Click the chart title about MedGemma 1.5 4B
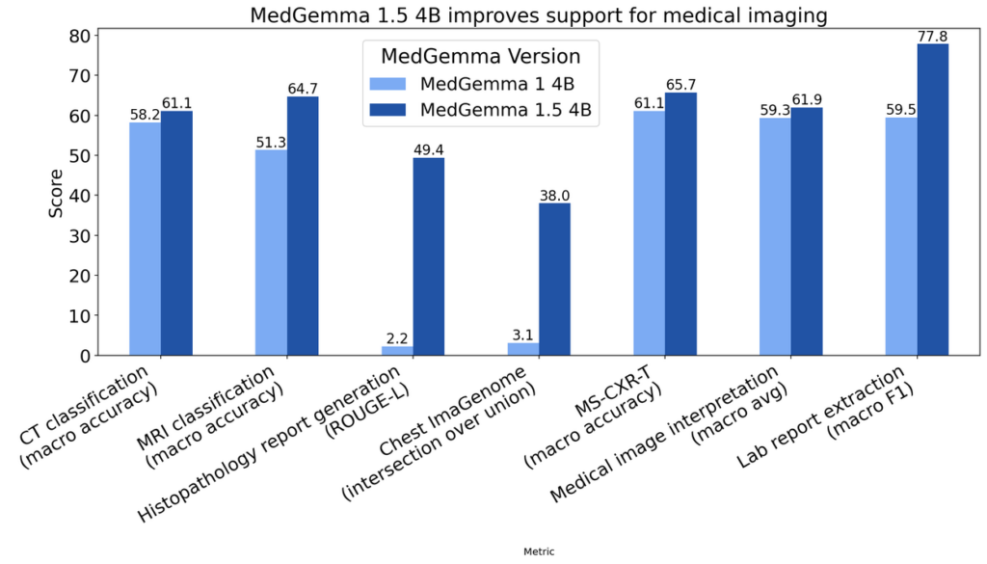pyautogui.click(x=537, y=15)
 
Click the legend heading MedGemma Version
pyautogui.click(x=480, y=55)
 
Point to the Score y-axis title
pyautogui.click(x=56, y=193)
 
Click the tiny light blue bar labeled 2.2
pyautogui.click(x=397, y=351)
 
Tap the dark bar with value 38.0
pyautogui.click(x=554, y=279)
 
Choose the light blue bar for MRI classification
pyautogui.click(x=271, y=253)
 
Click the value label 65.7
pyautogui.click(x=680, y=84)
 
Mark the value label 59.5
pyautogui.click(x=901, y=109)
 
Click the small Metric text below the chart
pyautogui.click(x=537, y=551)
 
